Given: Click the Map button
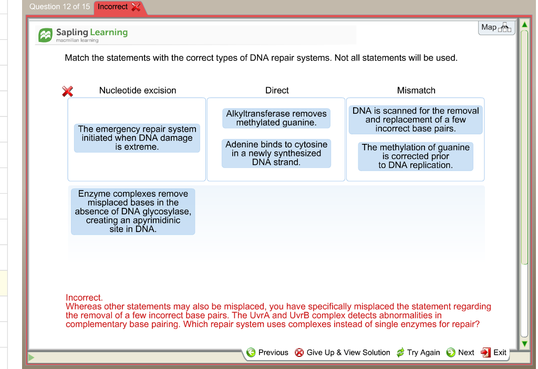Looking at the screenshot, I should tap(496, 27).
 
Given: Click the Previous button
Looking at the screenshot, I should tap(267, 352).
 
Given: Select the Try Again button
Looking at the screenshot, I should tap(418, 352).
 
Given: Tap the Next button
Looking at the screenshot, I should tap(460, 352).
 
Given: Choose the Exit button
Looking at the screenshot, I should tap(494, 352).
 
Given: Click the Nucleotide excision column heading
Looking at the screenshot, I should tap(138, 90).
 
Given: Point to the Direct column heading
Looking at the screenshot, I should tap(277, 90).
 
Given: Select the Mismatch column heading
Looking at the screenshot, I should tap(416, 90).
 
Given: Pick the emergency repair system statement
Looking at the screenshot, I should tap(137, 138).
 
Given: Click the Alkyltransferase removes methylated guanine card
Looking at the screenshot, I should tap(276, 118).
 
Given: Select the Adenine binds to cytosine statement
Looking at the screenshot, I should tap(276, 153).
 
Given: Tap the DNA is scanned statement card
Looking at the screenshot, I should tap(416, 120).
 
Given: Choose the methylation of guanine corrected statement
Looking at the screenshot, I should tap(416, 156).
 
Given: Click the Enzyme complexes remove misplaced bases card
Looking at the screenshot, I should tap(133, 212).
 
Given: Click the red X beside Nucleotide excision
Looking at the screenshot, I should tap(67, 91).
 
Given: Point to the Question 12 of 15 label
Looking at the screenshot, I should tap(59, 7).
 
